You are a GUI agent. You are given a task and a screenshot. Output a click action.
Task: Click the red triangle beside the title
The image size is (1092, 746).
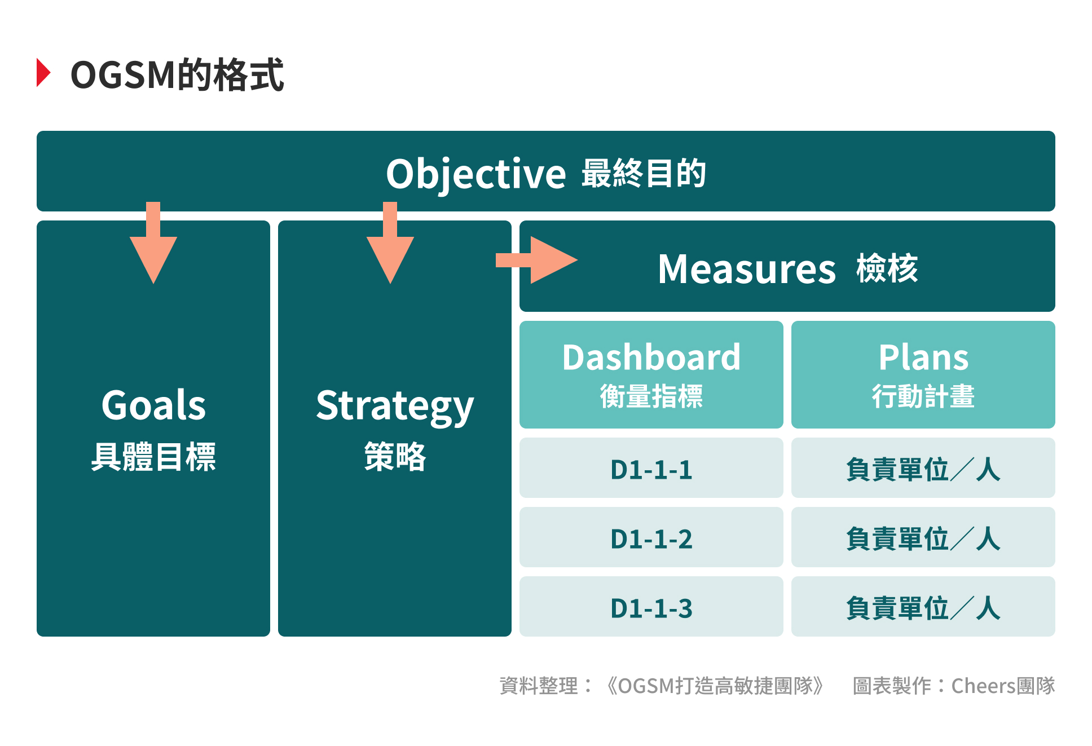pos(43,73)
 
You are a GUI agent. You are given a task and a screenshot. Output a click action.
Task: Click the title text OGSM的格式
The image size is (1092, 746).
pos(177,74)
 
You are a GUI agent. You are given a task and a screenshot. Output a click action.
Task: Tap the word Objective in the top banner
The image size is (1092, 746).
pos(475,174)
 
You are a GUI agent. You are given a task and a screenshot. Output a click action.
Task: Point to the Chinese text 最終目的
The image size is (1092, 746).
pos(644,173)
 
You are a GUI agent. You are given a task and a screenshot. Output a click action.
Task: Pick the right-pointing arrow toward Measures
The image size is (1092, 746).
pos(539,260)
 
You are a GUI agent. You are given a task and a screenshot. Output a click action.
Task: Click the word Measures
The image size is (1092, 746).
pos(746,269)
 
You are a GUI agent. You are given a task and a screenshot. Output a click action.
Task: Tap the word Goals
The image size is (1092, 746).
pos(153,405)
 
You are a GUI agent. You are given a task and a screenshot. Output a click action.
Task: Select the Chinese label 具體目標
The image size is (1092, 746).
pos(153,456)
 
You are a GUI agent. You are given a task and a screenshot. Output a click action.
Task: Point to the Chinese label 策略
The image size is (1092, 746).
pos(395,456)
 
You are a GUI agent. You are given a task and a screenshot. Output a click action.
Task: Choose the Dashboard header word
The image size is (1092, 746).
pos(651,357)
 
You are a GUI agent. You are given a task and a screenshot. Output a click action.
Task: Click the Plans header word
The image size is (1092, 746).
pos(923,357)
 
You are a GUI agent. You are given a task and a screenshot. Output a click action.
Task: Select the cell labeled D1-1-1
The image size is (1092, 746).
pos(651,469)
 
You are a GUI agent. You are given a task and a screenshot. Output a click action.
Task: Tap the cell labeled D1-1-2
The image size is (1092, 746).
pos(651,538)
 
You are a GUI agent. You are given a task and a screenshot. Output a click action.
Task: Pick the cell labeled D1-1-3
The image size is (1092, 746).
pos(651,608)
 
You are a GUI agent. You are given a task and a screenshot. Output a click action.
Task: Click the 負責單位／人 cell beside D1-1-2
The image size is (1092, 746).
pos(923,538)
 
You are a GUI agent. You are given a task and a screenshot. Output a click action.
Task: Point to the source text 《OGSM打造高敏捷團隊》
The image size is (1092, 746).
pos(715,686)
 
